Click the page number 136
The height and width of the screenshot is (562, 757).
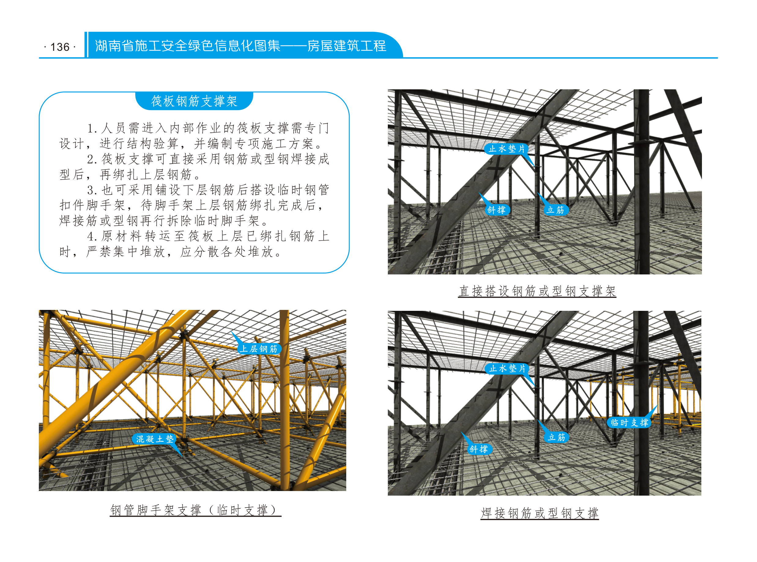point(60,47)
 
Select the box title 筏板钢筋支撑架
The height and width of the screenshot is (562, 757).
point(194,101)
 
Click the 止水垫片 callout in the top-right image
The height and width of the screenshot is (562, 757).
point(507,149)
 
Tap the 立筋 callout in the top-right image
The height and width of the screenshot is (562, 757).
point(555,210)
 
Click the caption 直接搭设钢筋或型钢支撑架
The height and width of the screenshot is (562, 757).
point(537,291)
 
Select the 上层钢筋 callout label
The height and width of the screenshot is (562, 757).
point(259,349)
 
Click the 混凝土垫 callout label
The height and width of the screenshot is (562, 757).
point(155,439)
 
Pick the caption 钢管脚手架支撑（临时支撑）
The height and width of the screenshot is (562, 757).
point(195,510)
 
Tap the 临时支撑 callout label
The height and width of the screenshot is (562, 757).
point(629,422)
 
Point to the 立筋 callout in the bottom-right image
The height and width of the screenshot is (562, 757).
point(556,437)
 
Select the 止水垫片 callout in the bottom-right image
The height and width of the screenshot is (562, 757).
point(507,368)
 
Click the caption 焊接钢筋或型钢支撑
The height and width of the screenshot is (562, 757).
point(540,513)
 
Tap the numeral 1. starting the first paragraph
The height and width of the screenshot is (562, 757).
point(92,128)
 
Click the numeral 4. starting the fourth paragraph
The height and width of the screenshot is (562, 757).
point(92,236)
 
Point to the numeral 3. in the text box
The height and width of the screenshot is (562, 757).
point(92,190)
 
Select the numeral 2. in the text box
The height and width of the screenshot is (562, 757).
point(92,159)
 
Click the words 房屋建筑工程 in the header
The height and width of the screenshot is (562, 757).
point(347,46)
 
